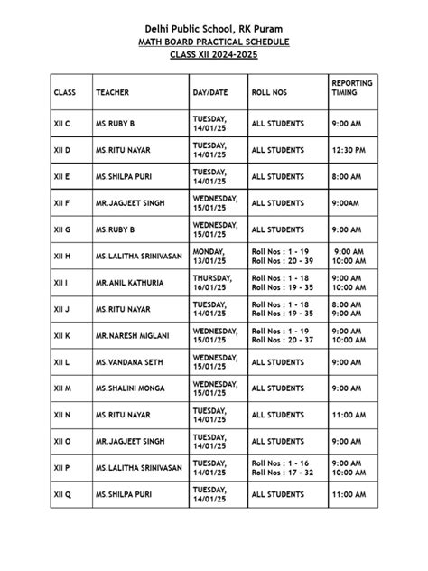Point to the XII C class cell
tap(62, 124)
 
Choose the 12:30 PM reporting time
tap(349, 150)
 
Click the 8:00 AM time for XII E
tap(349, 177)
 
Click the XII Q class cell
tap(63, 495)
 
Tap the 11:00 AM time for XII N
tap(349, 416)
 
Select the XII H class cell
tap(62, 257)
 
